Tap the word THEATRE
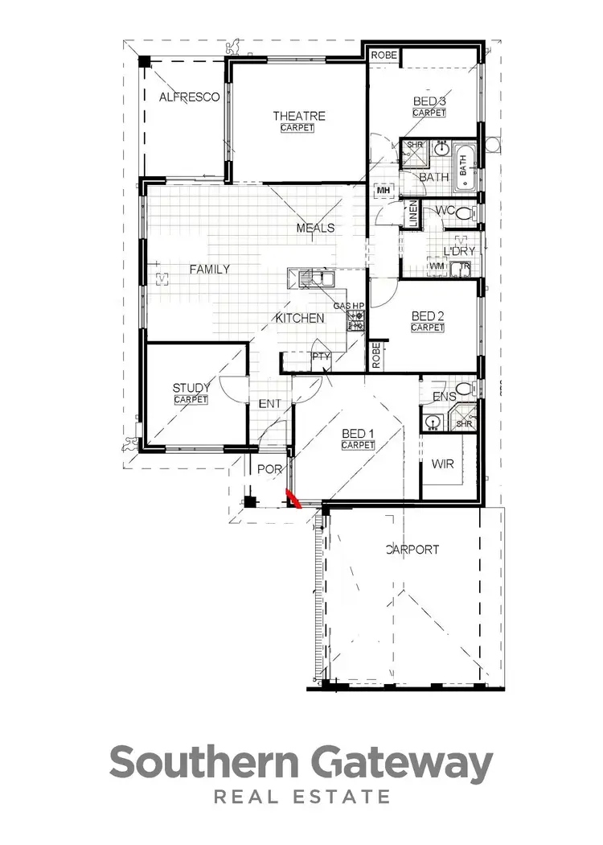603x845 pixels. pyautogui.click(x=297, y=116)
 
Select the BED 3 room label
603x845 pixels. pyautogui.click(x=429, y=101)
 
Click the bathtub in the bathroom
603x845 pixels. pyautogui.click(x=466, y=170)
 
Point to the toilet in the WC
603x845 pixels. pyautogui.click(x=468, y=212)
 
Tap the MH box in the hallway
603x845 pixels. pyautogui.click(x=383, y=192)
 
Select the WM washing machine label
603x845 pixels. pyautogui.click(x=437, y=266)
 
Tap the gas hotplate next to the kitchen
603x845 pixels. pyautogui.click(x=355, y=320)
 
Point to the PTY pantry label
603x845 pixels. pyautogui.click(x=321, y=356)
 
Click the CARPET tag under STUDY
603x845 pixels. pyautogui.click(x=191, y=399)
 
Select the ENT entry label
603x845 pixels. pyautogui.click(x=267, y=404)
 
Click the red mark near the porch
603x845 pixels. pyautogui.click(x=293, y=501)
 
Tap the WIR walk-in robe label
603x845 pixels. pyautogui.click(x=443, y=464)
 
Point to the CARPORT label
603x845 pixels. pyautogui.click(x=412, y=550)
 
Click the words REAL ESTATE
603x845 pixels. pyautogui.click(x=301, y=798)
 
